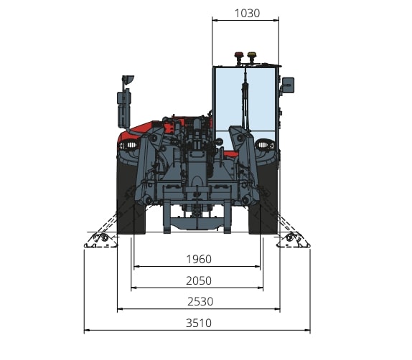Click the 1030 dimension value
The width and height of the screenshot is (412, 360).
[247, 14]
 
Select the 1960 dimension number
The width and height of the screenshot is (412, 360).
[199, 260]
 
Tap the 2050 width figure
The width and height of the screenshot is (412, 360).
[199, 281]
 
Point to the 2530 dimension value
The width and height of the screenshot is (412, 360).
[200, 302]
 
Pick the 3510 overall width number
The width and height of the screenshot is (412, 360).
[199, 323]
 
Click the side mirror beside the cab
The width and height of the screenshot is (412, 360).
[288, 85]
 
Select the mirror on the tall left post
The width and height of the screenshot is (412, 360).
[128, 80]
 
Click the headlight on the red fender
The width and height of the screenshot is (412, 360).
[128, 145]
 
